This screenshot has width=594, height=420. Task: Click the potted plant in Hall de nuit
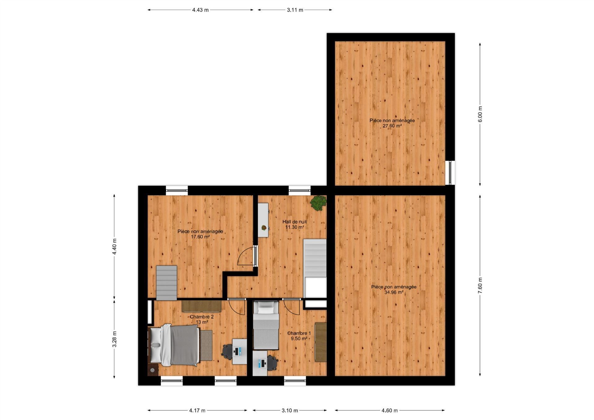click(x=318, y=203)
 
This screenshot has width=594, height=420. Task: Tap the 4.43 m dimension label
click(x=200, y=10)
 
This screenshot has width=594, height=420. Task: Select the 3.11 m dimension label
click(x=295, y=10)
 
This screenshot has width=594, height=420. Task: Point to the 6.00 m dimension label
click(x=480, y=114)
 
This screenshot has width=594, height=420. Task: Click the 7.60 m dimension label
click(x=480, y=285)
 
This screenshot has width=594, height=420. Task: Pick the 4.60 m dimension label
click(x=390, y=410)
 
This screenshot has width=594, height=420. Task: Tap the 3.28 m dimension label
click(x=114, y=339)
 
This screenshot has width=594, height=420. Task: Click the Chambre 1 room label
click(x=299, y=333)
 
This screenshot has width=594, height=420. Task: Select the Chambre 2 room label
click(x=202, y=317)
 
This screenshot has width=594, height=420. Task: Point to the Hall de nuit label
click(x=295, y=222)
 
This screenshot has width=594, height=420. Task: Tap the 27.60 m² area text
click(x=392, y=126)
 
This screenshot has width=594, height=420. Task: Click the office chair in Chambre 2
click(x=228, y=352)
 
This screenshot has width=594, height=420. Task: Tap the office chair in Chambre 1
click(x=272, y=363)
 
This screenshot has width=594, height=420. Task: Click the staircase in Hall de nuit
click(x=315, y=268)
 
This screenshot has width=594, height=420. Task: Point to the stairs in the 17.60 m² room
click(x=166, y=283)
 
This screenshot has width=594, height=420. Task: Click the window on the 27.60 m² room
click(x=450, y=173)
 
